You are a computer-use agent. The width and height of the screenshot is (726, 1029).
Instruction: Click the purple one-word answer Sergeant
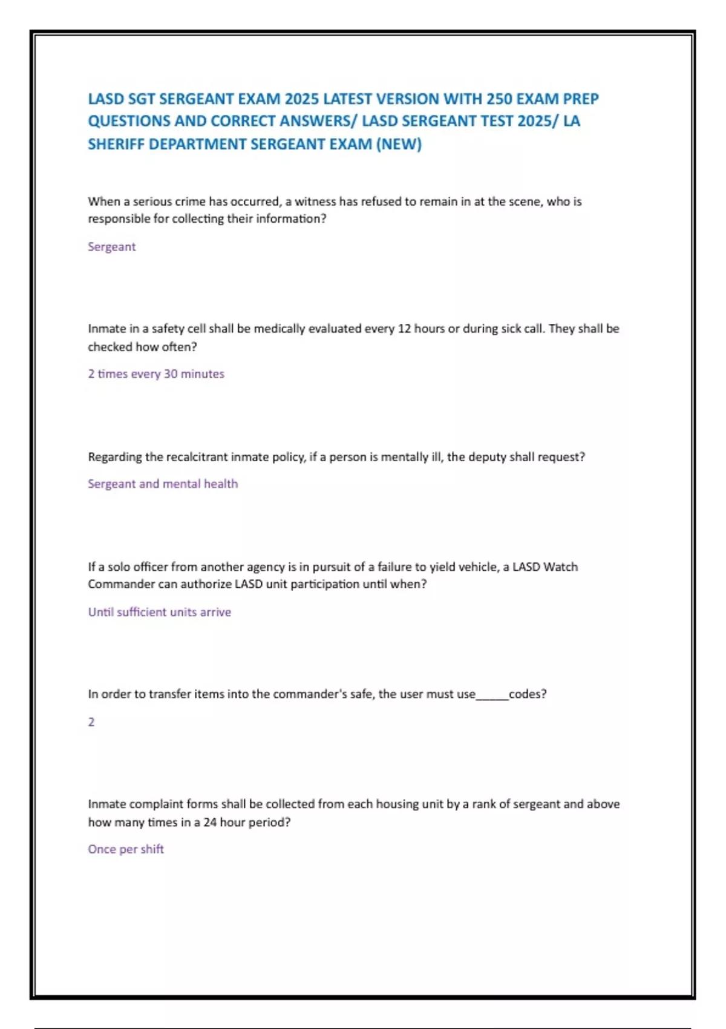112,247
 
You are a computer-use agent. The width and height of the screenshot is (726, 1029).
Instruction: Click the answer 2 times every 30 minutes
156,374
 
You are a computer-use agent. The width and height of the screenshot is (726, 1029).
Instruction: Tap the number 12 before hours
404,329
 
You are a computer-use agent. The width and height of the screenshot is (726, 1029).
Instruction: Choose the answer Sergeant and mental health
163,484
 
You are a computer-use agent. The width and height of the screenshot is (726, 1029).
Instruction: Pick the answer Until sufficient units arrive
160,613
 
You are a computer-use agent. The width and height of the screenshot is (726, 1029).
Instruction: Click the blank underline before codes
492,696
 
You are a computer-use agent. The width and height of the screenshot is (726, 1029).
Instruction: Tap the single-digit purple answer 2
91,722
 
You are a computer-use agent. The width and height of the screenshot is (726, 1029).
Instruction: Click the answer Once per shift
126,849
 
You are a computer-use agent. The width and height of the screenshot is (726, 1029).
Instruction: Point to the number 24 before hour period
210,823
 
